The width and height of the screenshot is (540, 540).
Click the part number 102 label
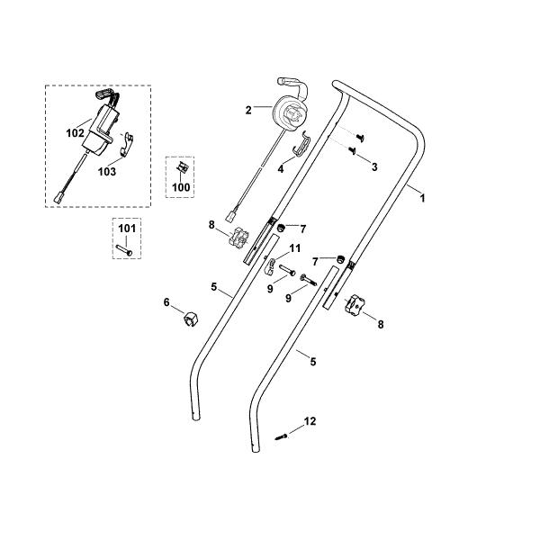click(x=75, y=133)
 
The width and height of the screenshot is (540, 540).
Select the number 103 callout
click(x=107, y=172)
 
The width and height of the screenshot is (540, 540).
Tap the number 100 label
click(x=181, y=187)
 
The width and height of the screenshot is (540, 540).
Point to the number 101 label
click(x=127, y=229)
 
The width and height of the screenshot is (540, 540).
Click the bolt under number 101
click(x=124, y=249)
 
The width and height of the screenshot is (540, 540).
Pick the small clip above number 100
click(x=182, y=167)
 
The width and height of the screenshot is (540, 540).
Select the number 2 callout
click(x=248, y=110)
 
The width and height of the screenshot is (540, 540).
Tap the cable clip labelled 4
click(x=302, y=144)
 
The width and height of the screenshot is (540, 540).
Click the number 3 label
click(x=374, y=167)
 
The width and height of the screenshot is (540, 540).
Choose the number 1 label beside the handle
click(x=423, y=198)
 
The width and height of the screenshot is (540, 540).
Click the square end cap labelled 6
click(x=191, y=319)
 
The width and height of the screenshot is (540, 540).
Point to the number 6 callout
click(x=166, y=302)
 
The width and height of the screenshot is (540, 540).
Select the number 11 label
click(x=295, y=248)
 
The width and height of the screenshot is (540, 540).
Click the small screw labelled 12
click(x=281, y=437)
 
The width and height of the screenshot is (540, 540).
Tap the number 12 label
click(x=310, y=421)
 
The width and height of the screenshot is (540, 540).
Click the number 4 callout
click(x=281, y=169)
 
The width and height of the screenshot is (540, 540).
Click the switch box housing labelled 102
click(x=100, y=129)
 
